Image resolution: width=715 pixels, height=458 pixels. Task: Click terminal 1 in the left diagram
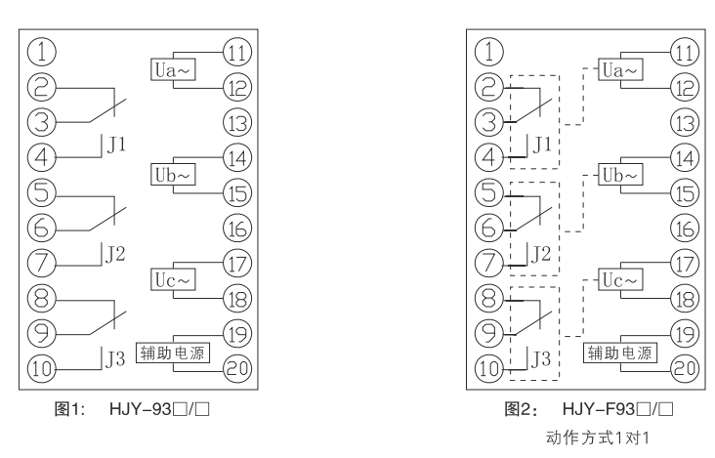click(x=41, y=52)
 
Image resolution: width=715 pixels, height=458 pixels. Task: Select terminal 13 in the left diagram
click(x=237, y=123)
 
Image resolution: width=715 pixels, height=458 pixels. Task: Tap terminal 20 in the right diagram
click(x=685, y=368)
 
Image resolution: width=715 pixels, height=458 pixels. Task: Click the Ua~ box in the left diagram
click(x=173, y=69)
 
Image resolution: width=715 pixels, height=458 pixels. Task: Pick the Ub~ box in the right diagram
click(x=620, y=175)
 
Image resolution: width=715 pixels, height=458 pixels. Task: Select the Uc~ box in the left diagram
click(x=173, y=279)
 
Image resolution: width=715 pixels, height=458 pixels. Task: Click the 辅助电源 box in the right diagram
click(x=620, y=353)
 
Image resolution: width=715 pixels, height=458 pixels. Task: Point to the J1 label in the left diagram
click(x=116, y=145)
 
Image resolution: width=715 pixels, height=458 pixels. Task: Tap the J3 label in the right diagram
click(x=541, y=359)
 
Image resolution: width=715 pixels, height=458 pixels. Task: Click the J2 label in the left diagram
click(x=115, y=254)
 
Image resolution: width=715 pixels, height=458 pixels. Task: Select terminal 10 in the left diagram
click(x=41, y=368)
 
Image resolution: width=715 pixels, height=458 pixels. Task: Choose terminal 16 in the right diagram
click(x=685, y=228)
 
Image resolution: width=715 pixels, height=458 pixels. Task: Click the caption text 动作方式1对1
click(x=597, y=437)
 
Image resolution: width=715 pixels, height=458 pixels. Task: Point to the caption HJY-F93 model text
click(x=617, y=409)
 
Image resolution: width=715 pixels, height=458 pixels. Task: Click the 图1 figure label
click(x=69, y=409)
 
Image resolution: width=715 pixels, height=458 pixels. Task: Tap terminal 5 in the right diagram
click(x=488, y=192)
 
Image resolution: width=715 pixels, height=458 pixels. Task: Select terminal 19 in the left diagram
click(x=237, y=334)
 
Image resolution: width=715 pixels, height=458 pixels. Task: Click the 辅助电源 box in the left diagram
click(x=173, y=353)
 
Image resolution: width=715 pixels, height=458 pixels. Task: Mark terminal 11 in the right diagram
click(x=685, y=53)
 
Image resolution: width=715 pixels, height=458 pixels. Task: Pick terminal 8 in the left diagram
click(x=41, y=299)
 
